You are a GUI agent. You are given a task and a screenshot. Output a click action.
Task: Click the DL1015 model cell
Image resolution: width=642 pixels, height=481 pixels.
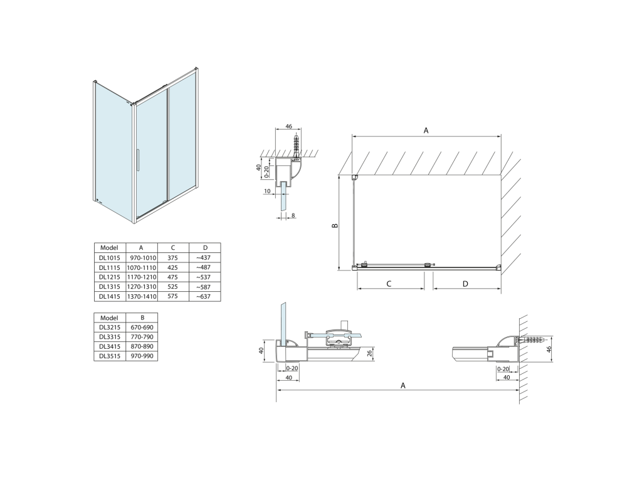pos(110,257)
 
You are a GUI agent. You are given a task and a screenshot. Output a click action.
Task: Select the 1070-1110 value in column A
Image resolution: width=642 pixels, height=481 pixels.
pos(142,267)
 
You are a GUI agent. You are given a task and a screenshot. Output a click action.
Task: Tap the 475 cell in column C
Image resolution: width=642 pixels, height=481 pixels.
pos(173,277)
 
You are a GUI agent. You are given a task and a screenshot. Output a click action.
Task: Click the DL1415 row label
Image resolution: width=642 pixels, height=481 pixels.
pos(110,296)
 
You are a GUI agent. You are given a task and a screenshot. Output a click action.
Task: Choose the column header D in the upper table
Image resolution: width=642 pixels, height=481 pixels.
pos(205,247)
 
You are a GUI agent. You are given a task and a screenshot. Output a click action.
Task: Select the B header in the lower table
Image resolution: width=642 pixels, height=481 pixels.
pos(142,318)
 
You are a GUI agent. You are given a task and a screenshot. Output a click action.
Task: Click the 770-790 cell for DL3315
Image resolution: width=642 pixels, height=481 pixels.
pos(142,337)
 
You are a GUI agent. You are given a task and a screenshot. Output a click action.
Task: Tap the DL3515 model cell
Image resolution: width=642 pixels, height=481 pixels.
pos(110,356)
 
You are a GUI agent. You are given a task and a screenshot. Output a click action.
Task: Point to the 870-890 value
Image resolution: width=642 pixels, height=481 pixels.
pos(142,346)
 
